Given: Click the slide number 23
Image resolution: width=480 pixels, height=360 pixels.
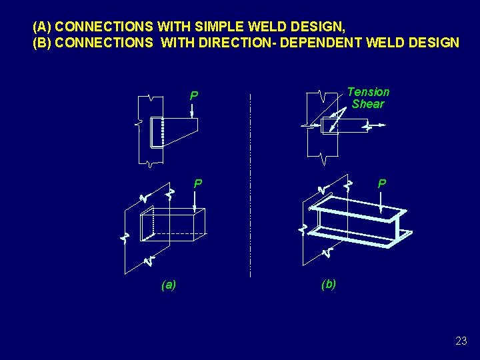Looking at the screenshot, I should click(461, 341).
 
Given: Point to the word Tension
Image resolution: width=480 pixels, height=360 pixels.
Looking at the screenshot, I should click(368, 92).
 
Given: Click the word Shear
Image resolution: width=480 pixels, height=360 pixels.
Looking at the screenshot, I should click(368, 104).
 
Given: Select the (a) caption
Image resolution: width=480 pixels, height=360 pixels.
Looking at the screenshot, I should click(169, 285).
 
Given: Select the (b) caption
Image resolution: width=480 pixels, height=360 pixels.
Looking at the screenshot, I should click(329, 284).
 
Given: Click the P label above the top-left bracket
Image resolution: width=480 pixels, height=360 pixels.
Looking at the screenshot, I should click(193, 97).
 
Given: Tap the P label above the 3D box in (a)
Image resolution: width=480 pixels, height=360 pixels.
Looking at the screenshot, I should click(197, 183).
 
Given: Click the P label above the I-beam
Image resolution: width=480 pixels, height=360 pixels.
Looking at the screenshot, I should click(381, 183).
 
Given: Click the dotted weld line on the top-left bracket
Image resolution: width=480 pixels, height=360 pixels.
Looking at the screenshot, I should click(162, 132).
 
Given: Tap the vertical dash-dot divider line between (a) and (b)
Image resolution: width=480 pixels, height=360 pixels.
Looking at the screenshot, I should click(250, 187).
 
